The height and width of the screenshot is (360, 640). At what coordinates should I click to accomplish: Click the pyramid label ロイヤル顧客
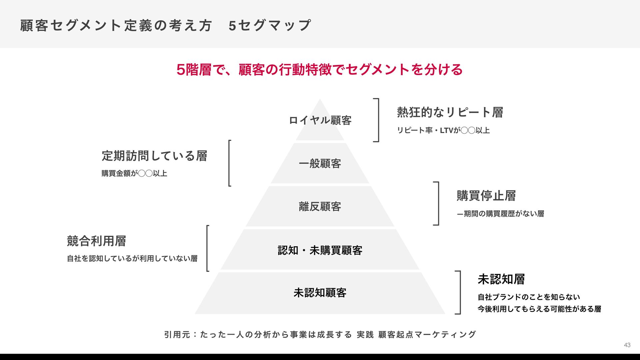click(320, 120)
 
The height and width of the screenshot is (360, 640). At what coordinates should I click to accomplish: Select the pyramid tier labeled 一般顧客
click(320, 164)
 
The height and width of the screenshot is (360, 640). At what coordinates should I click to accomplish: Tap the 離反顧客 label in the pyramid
click(320, 207)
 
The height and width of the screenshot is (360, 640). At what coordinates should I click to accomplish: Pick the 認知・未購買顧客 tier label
click(320, 250)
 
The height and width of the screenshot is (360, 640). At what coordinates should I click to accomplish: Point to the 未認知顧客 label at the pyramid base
click(320, 293)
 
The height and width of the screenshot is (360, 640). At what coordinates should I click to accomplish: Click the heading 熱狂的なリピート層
click(450, 112)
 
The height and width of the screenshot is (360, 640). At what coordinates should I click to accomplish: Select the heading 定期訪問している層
click(154, 156)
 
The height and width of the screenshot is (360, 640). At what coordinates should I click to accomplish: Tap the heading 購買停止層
click(486, 196)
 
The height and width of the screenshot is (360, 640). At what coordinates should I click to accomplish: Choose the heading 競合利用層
click(96, 241)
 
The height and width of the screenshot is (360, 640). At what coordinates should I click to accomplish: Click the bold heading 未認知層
click(501, 279)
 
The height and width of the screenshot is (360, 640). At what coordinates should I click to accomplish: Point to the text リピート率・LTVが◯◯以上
click(443, 130)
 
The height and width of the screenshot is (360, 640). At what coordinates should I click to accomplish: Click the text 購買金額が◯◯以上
click(134, 173)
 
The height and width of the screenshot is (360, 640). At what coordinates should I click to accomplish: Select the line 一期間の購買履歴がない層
click(500, 214)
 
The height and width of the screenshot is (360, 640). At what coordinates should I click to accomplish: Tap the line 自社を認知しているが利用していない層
click(132, 258)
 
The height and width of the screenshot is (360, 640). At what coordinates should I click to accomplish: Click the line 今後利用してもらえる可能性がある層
click(539, 309)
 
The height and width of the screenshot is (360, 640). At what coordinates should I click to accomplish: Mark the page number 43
click(627, 345)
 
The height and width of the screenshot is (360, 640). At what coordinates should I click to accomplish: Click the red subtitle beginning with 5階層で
click(319, 70)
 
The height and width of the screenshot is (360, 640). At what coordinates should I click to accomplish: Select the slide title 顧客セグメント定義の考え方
click(116, 26)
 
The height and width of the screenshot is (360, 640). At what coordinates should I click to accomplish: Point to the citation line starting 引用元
click(320, 334)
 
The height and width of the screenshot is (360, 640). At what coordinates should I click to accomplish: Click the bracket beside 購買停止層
click(437, 203)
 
